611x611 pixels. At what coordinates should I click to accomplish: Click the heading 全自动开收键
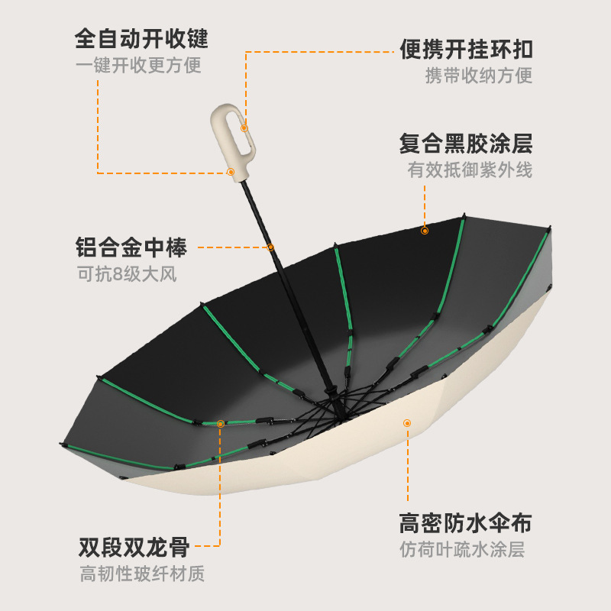[141, 38]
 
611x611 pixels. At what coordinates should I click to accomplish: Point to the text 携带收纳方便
[479, 76]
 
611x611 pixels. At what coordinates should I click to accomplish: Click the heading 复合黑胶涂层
[466, 144]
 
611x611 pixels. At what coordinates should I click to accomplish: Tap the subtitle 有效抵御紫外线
[470, 170]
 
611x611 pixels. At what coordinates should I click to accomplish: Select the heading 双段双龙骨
[134, 547]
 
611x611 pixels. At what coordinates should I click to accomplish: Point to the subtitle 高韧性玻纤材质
[142, 574]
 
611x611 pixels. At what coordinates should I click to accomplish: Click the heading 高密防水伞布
[465, 523]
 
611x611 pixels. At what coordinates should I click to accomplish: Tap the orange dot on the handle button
[230, 172]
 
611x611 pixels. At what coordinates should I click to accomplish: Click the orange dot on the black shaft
[270, 247]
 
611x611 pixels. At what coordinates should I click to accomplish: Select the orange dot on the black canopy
[425, 230]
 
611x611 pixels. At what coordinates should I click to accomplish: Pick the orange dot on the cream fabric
[407, 422]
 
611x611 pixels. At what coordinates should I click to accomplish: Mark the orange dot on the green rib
[221, 422]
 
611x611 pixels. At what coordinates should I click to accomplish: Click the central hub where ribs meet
[336, 409]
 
